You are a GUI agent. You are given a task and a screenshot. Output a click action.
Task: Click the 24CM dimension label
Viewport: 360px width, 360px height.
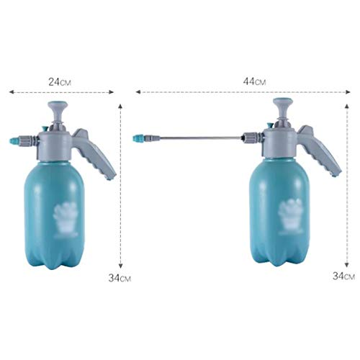(x=60, y=82)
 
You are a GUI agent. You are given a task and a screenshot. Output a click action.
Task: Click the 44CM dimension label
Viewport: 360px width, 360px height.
(x=254, y=81)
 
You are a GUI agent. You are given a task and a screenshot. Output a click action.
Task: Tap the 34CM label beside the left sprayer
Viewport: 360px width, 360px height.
(x=120, y=278)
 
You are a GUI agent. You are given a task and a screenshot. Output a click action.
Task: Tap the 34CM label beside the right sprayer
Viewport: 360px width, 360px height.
(x=343, y=276)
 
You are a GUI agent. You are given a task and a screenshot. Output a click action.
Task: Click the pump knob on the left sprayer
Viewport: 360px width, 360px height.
(x=58, y=111)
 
